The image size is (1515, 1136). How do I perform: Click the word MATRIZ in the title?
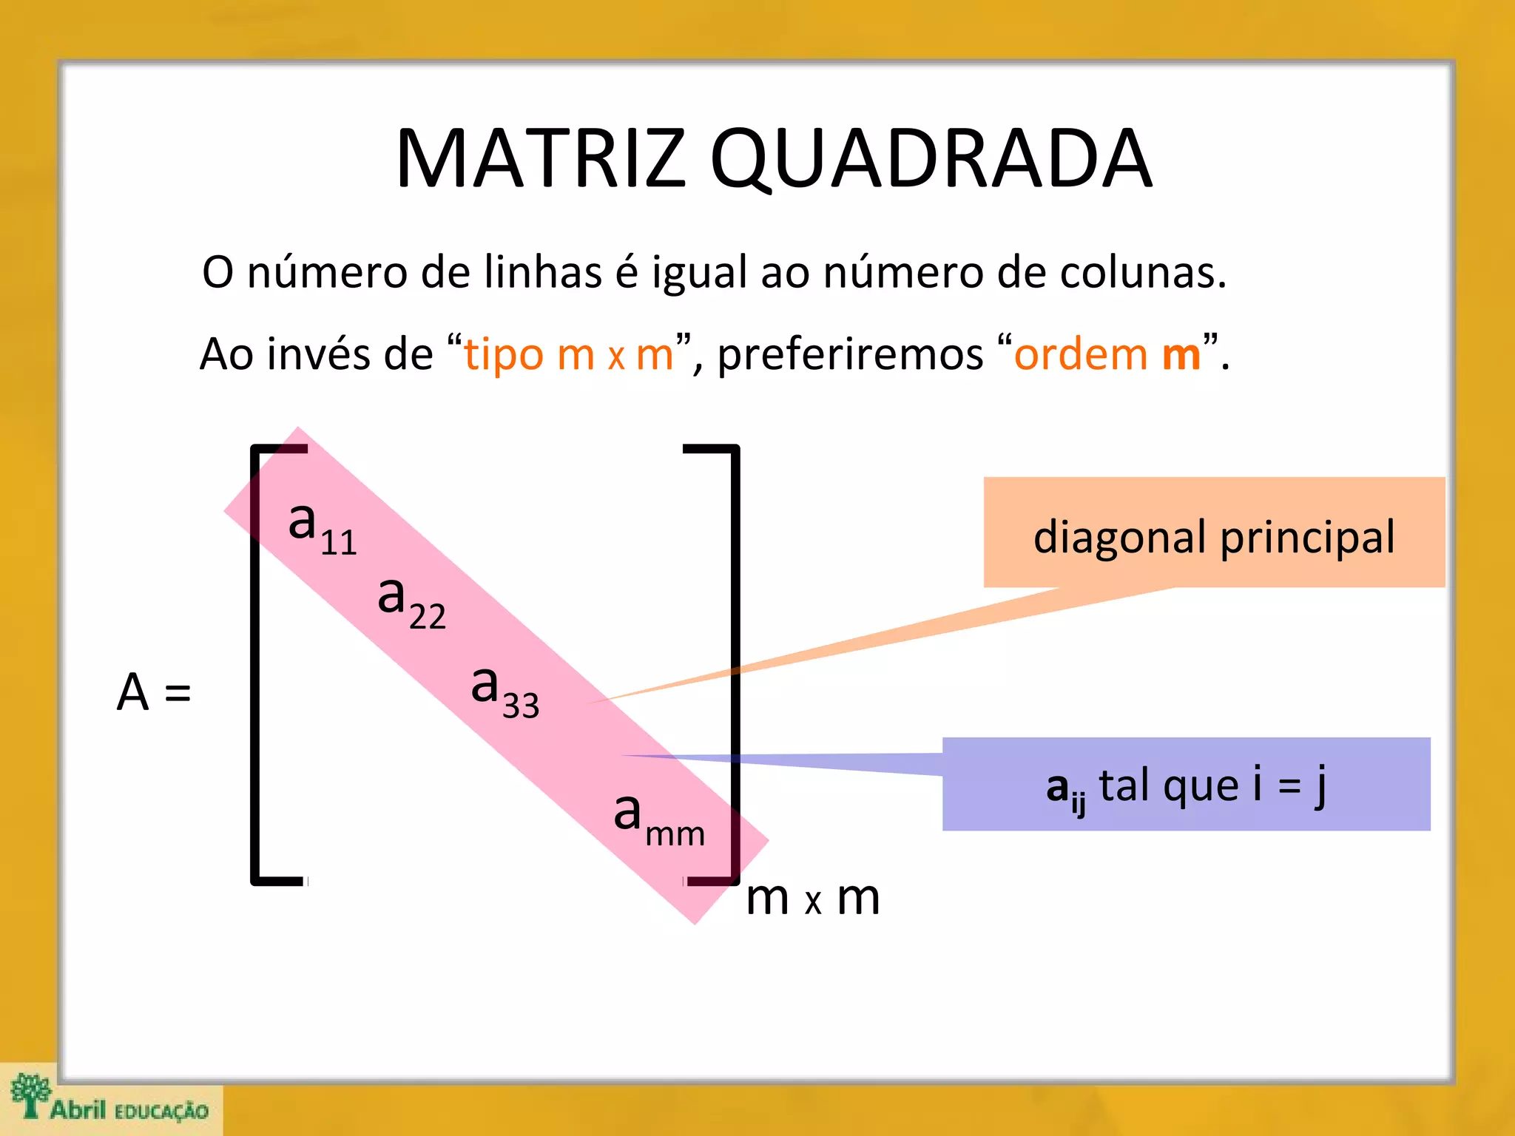[541, 159]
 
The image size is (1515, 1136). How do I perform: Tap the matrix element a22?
[411, 601]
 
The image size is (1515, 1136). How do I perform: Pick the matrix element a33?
[505, 689]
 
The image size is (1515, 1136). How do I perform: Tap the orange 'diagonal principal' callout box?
[1213, 533]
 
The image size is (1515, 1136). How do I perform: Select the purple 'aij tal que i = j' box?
[1186, 785]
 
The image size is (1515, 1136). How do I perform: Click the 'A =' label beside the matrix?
[154, 692]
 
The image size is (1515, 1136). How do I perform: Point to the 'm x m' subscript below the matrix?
[812, 899]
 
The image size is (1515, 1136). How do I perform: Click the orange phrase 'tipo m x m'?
[568, 354]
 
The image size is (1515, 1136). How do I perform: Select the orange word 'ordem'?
[1080, 354]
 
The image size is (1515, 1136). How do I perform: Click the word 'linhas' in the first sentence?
[543, 272]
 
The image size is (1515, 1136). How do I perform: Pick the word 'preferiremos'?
[850, 354]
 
